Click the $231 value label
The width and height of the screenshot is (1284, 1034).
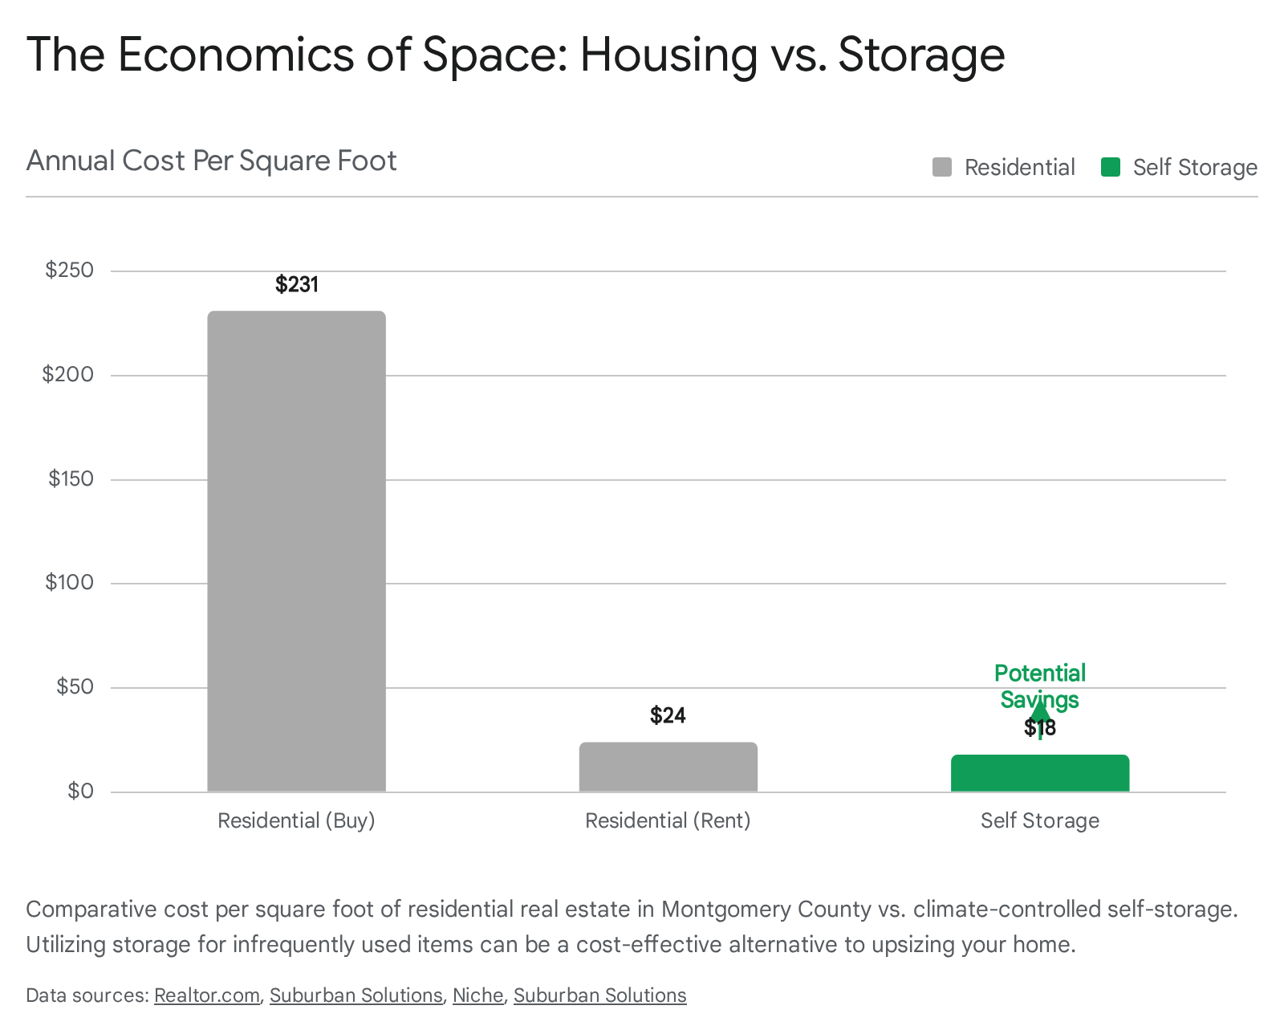(x=297, y=285)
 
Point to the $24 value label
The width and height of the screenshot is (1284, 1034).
(x=668, y=715)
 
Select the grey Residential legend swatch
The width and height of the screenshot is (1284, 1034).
(x=941, y=167)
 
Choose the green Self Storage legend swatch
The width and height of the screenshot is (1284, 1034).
(x=1111, y=167)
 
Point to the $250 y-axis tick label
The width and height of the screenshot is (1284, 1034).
(x=70, y=270)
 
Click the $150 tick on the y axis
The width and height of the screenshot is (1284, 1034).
(x=71, y=478)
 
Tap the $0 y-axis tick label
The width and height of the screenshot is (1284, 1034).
(x=80, y=791)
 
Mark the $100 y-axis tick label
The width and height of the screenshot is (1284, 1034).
(x=70, y=582)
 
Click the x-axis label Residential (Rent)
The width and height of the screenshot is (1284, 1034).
(x=668, y=820)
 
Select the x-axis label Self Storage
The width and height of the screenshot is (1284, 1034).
(x=1039, y=820)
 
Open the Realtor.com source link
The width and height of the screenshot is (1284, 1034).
(x=207, y=995)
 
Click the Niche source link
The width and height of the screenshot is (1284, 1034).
(x=477, y=995)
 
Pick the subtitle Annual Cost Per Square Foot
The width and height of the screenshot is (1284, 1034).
(x=212, y=161)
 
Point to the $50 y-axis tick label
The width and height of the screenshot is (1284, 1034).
(x=75, y=686)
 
